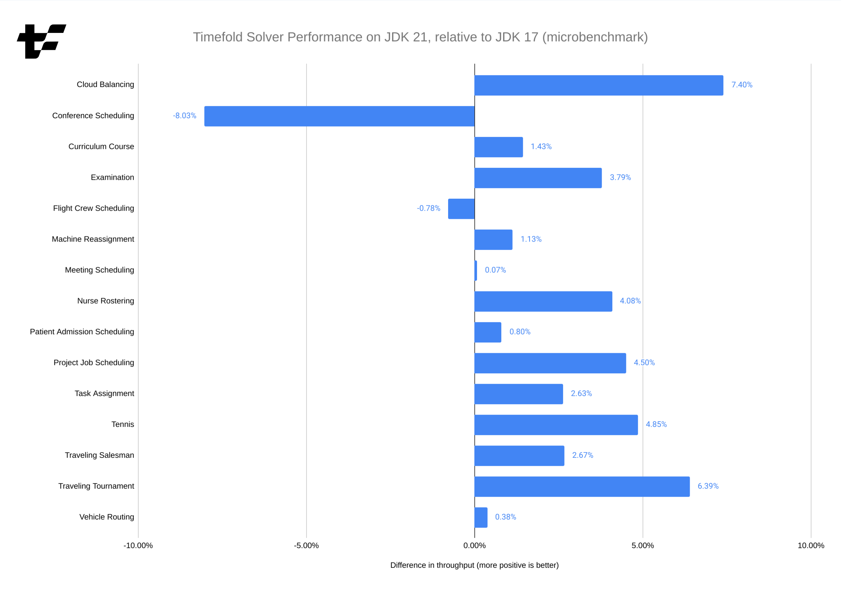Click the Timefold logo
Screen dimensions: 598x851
point(42,42)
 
